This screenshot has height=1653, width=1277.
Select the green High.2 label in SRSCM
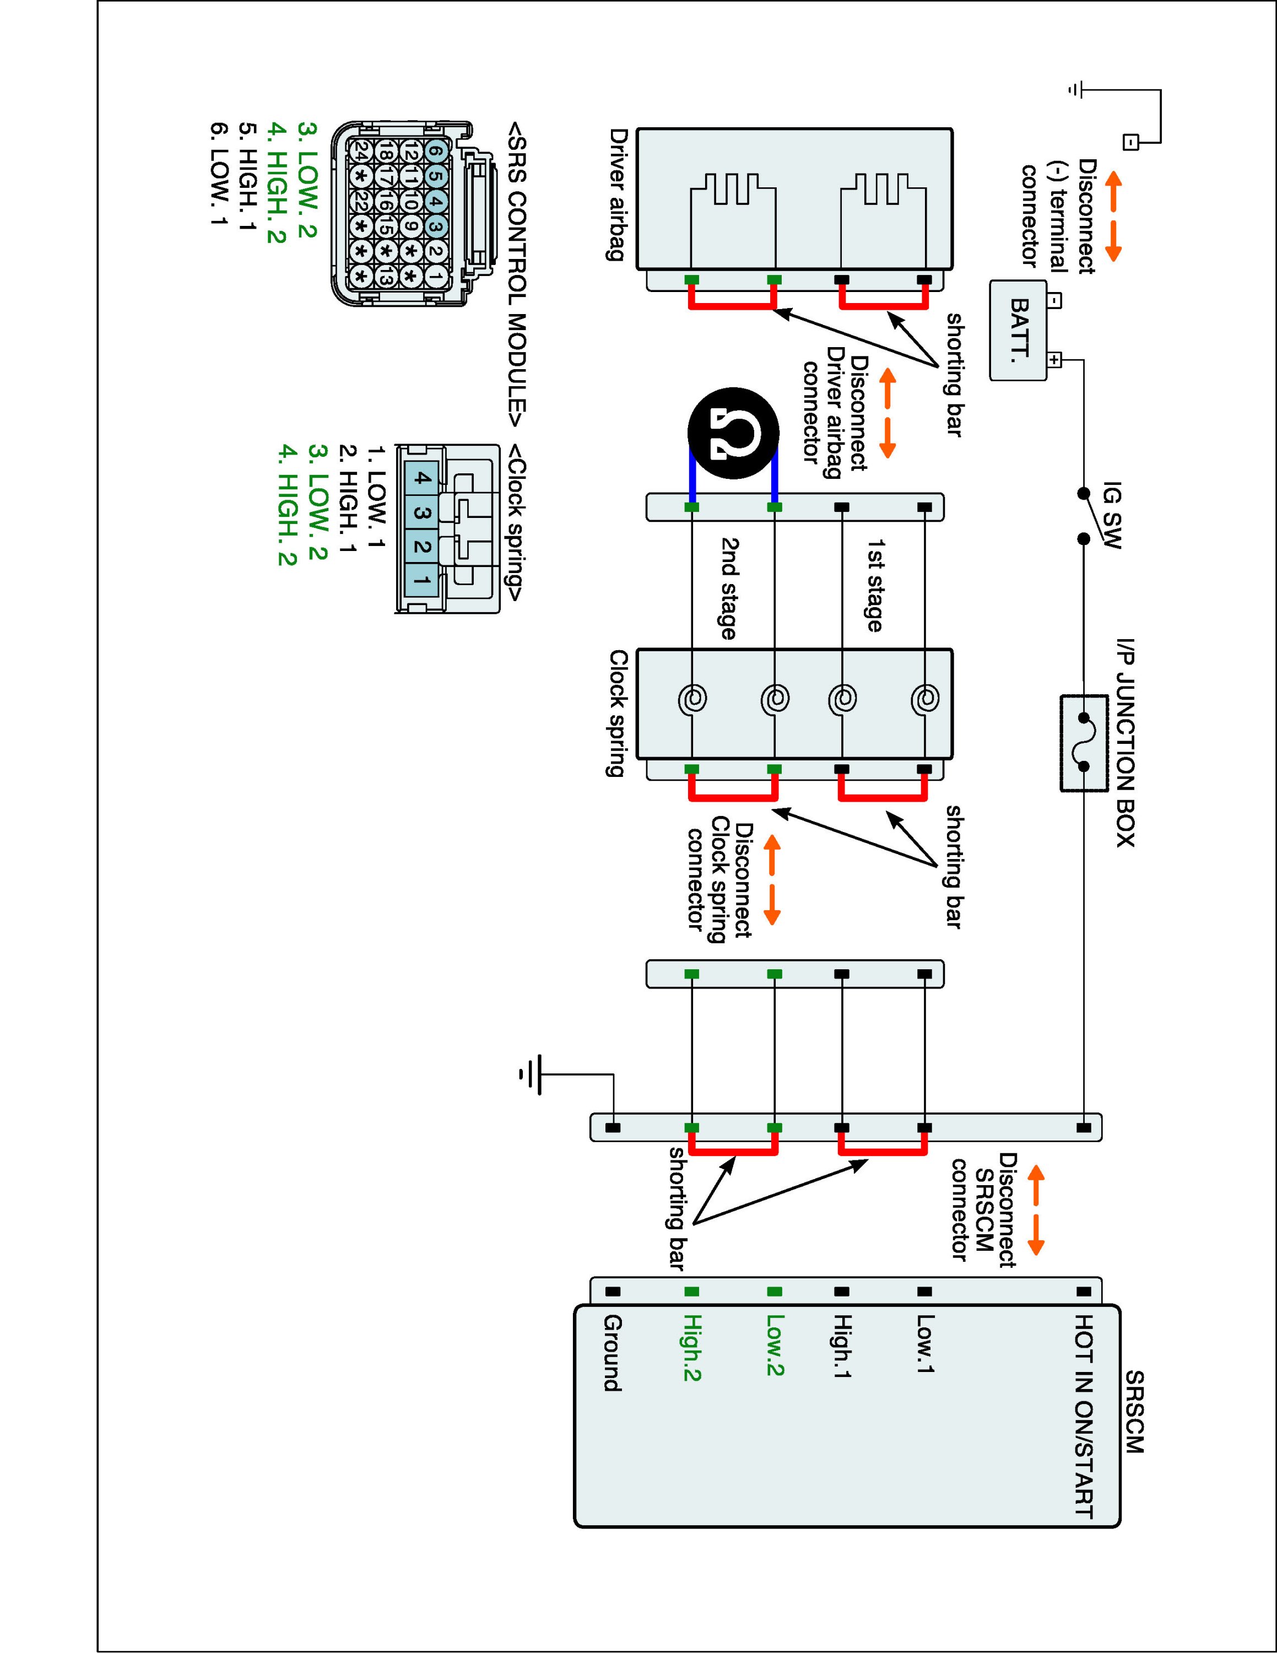point(691,1347)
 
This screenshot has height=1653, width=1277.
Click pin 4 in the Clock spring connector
point(422,478)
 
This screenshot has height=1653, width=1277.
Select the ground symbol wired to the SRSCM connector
point(529,1074)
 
